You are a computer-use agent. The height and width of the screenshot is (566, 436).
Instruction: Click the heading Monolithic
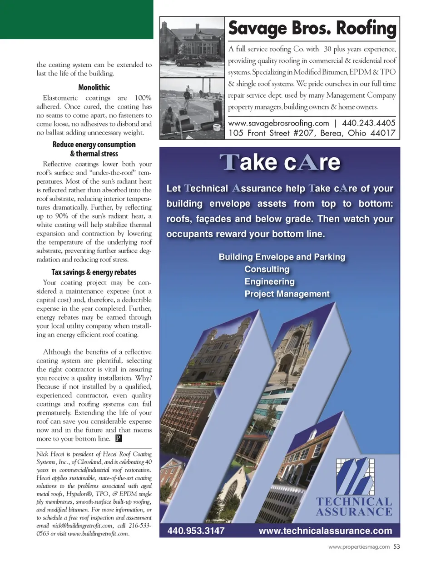94,87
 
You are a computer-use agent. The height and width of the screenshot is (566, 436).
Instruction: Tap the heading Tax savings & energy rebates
94,272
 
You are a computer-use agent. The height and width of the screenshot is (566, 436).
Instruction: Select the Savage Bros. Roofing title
312,28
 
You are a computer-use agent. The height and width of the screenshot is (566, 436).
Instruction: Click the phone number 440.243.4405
368,123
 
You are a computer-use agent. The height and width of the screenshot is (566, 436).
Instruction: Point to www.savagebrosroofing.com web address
278,123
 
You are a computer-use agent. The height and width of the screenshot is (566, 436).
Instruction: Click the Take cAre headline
280,162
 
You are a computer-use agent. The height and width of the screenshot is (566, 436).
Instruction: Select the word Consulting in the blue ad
267,269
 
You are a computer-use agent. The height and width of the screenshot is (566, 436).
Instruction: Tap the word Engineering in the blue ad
269,281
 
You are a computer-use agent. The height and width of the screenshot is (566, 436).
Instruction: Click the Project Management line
287,294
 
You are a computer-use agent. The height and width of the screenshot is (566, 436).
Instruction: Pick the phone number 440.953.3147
196,531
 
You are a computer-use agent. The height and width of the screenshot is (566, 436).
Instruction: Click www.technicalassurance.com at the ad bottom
325,531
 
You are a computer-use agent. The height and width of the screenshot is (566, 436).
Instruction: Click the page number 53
397,547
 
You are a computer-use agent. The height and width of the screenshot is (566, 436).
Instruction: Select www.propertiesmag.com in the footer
359,547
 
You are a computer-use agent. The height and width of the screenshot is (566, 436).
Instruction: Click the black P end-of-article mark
119,439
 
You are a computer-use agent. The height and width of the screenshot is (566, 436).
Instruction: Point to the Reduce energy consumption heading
94,145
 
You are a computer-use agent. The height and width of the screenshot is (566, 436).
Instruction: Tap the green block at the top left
76,19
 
